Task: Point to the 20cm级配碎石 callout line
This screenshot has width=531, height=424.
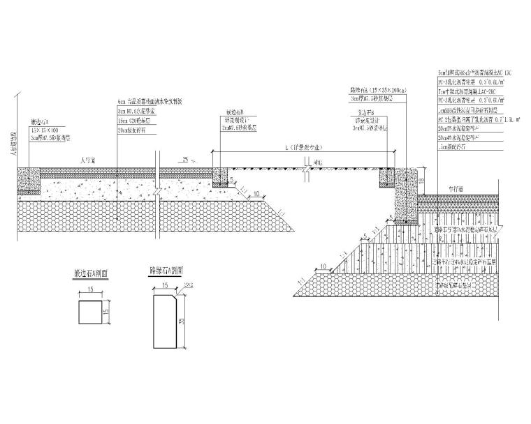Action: (136, 130)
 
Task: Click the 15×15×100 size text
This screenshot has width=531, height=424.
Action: (43, 129)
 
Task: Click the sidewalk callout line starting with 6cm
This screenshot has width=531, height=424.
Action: (150, 102)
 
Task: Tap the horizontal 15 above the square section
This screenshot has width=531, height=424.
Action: (92, 289)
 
